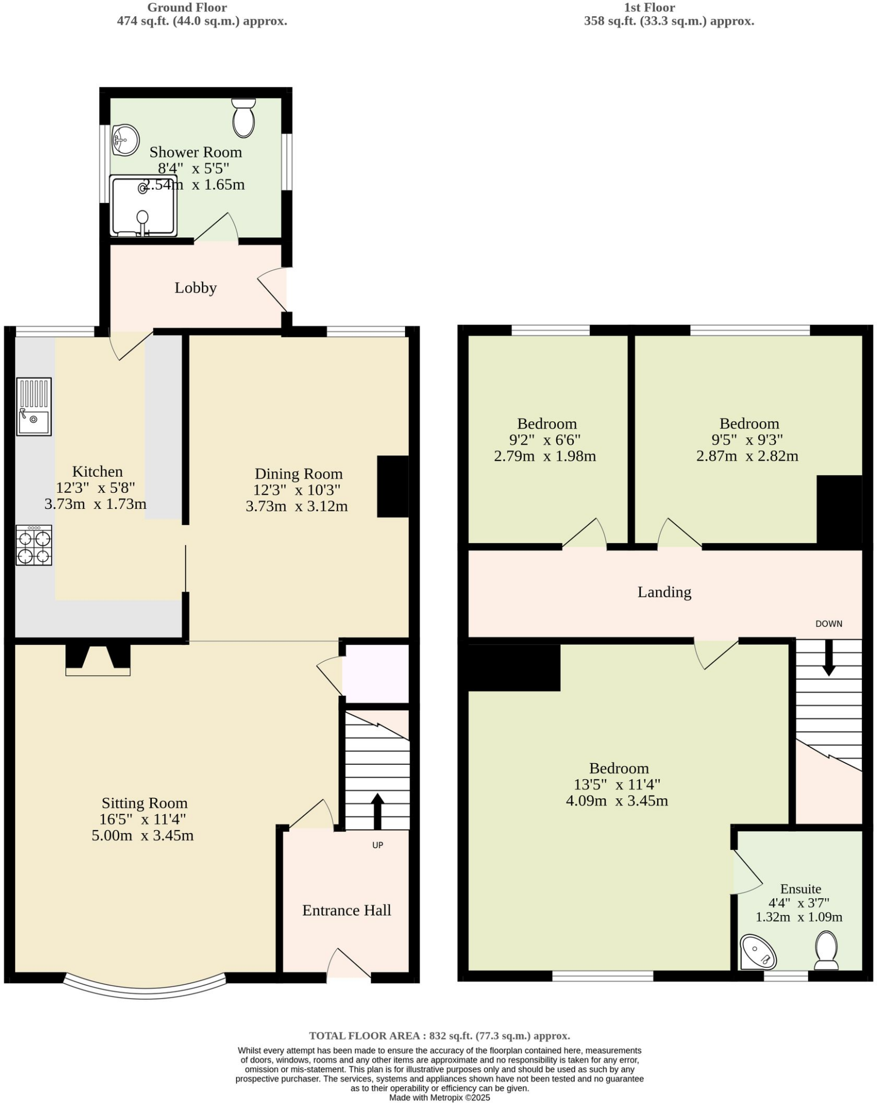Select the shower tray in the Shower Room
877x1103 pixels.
pos(143,206)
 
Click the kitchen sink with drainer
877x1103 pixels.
pos(34,407)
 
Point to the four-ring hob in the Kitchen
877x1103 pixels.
pos(34,545)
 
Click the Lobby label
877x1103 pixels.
pos(196,288)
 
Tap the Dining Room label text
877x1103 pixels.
pos(298,474)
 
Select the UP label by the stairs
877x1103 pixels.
pos(378,845)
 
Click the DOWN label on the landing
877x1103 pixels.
pos(829,624)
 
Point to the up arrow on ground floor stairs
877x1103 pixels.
pos(377,811)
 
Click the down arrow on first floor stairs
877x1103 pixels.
pos(829,658)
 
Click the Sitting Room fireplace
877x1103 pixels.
pos(98,660)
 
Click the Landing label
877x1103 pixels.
pos(664,592)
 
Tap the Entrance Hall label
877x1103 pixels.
pos(346,911)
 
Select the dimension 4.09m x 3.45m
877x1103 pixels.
pos(617,801)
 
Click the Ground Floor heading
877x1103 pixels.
pos(187,8)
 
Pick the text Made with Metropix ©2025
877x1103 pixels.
pos(440,1098)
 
